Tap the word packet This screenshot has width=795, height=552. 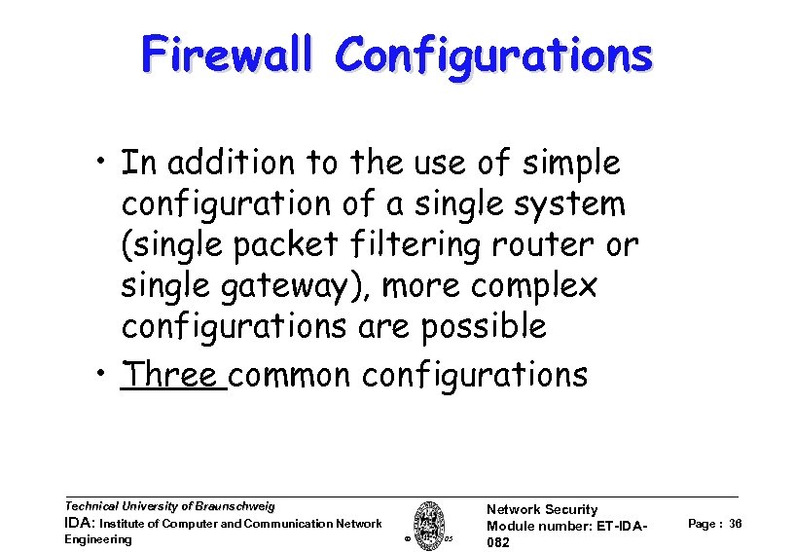(318, 245)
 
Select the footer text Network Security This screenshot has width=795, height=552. (541, 509)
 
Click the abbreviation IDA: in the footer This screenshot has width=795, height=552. (79, 524)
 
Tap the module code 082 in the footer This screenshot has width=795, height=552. (497, 542)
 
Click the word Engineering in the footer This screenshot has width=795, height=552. (97, 539)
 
